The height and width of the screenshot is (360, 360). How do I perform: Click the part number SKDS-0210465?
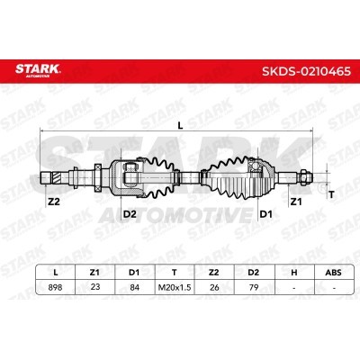pos(306,71)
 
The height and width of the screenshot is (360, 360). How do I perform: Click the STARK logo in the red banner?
pos(38,70)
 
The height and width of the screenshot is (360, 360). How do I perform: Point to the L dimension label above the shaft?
pos(180,126)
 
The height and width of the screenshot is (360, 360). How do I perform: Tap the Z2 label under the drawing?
pos(54,202)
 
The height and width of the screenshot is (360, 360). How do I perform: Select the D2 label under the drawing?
pos(130,214)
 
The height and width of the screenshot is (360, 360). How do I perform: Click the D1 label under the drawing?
pos(265,214)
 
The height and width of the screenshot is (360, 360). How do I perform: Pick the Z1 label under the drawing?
pos(296,202)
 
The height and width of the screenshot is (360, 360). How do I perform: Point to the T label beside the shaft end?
pos(331,195)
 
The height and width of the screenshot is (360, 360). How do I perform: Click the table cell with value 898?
pos(55,287)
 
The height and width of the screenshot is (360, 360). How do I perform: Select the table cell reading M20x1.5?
pos(175,287)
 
